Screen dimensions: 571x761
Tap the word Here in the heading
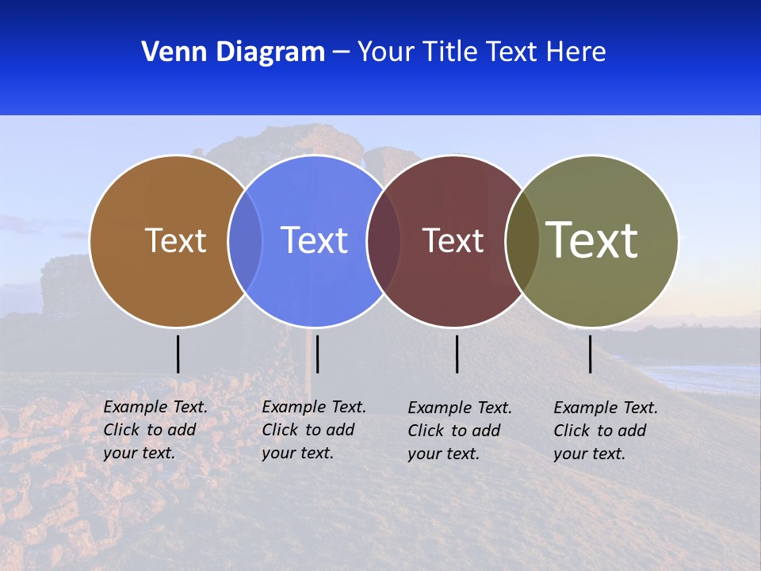(576, 52)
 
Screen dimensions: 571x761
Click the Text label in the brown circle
(175, 240)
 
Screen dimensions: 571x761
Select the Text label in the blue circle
(314, 240)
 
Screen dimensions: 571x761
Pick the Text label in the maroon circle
(453, 241)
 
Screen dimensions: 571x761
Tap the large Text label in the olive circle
(591, 240)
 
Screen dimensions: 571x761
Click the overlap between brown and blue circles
(245, 240)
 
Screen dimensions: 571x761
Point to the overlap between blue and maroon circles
(383, 240)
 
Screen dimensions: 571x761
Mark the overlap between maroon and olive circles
(522, 240)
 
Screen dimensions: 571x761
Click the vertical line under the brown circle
(178, 354)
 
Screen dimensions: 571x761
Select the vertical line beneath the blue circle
(317, 354)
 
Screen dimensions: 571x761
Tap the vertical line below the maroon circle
(457, 354)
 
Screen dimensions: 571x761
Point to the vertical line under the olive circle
(590, 354)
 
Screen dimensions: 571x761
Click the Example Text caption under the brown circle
(155, 430)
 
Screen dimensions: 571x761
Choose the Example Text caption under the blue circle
(313, 430)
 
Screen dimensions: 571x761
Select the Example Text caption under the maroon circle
(459, 431)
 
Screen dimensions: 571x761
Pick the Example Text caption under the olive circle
(605, 431)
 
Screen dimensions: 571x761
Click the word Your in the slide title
(387, 52)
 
